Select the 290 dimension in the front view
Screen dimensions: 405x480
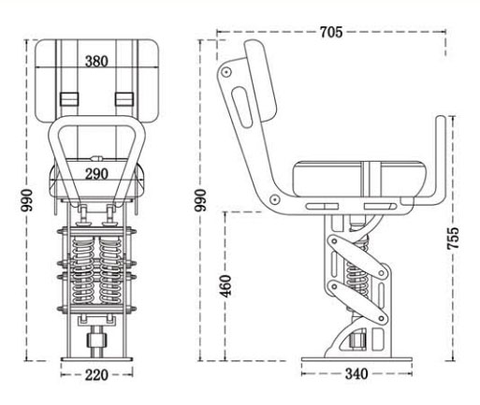coord(97,174)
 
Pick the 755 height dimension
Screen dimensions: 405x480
coord(454,238)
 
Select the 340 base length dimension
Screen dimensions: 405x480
coord(356,374)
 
